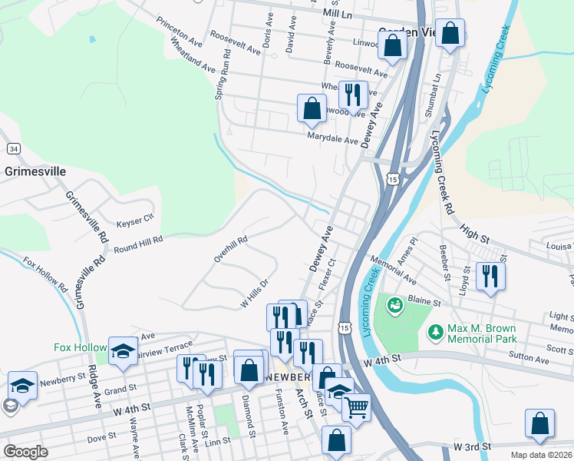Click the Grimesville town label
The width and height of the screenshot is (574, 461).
(35, 171)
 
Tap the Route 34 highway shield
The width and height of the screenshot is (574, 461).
(13, 148)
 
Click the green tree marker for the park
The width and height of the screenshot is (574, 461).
(436, 332)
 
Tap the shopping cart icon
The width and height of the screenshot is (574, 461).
(356, 407)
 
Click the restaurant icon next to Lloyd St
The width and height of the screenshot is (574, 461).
(490, 275)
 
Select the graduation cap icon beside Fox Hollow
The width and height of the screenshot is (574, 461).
(122, 350)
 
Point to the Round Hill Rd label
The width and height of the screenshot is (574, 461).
(138, 244)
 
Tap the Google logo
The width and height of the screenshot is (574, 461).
(25, 451)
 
